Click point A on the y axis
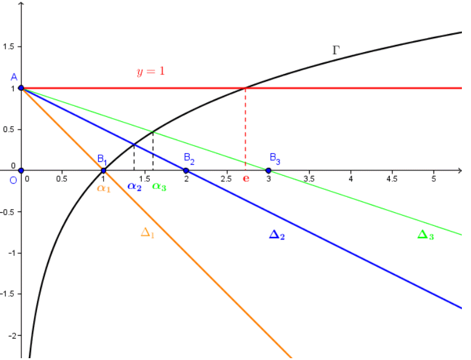[21, 88]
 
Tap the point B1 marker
[104, 170]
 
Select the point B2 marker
[186, 170]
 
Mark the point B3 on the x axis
[269, 170]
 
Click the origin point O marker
[21, 170]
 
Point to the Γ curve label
[336, 50]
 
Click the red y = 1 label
[150, 71]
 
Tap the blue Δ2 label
[276, 235]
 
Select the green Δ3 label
[426, 235]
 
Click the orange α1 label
[104, 187]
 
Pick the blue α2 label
[135, 187]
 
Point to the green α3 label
[159, 187]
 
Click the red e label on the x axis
[246, 179]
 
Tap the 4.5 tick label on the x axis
[392, 179]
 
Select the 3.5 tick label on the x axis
[309, 179]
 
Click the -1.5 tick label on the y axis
[9, 294]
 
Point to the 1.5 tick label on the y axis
[9, 47]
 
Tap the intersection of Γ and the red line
[246, 88]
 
